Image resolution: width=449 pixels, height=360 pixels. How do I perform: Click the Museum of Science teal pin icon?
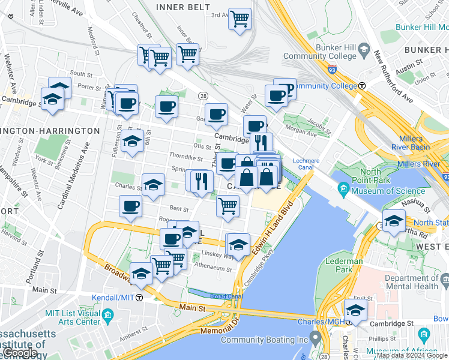tap(343, 191)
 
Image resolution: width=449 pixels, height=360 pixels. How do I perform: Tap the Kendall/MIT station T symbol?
tap(139, 298)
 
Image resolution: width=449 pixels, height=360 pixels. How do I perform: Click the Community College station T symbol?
tap(362, 86)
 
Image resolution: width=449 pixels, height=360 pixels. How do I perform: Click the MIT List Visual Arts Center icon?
tap(107, 315)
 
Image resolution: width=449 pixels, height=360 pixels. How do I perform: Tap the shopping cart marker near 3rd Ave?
tap(240, 19)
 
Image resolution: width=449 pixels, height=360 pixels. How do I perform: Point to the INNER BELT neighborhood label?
tap(182, 7)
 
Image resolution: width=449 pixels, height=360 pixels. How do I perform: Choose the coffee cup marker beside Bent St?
tap(130, 207)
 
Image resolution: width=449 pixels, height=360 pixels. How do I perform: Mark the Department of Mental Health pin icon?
tap(445, 280)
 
